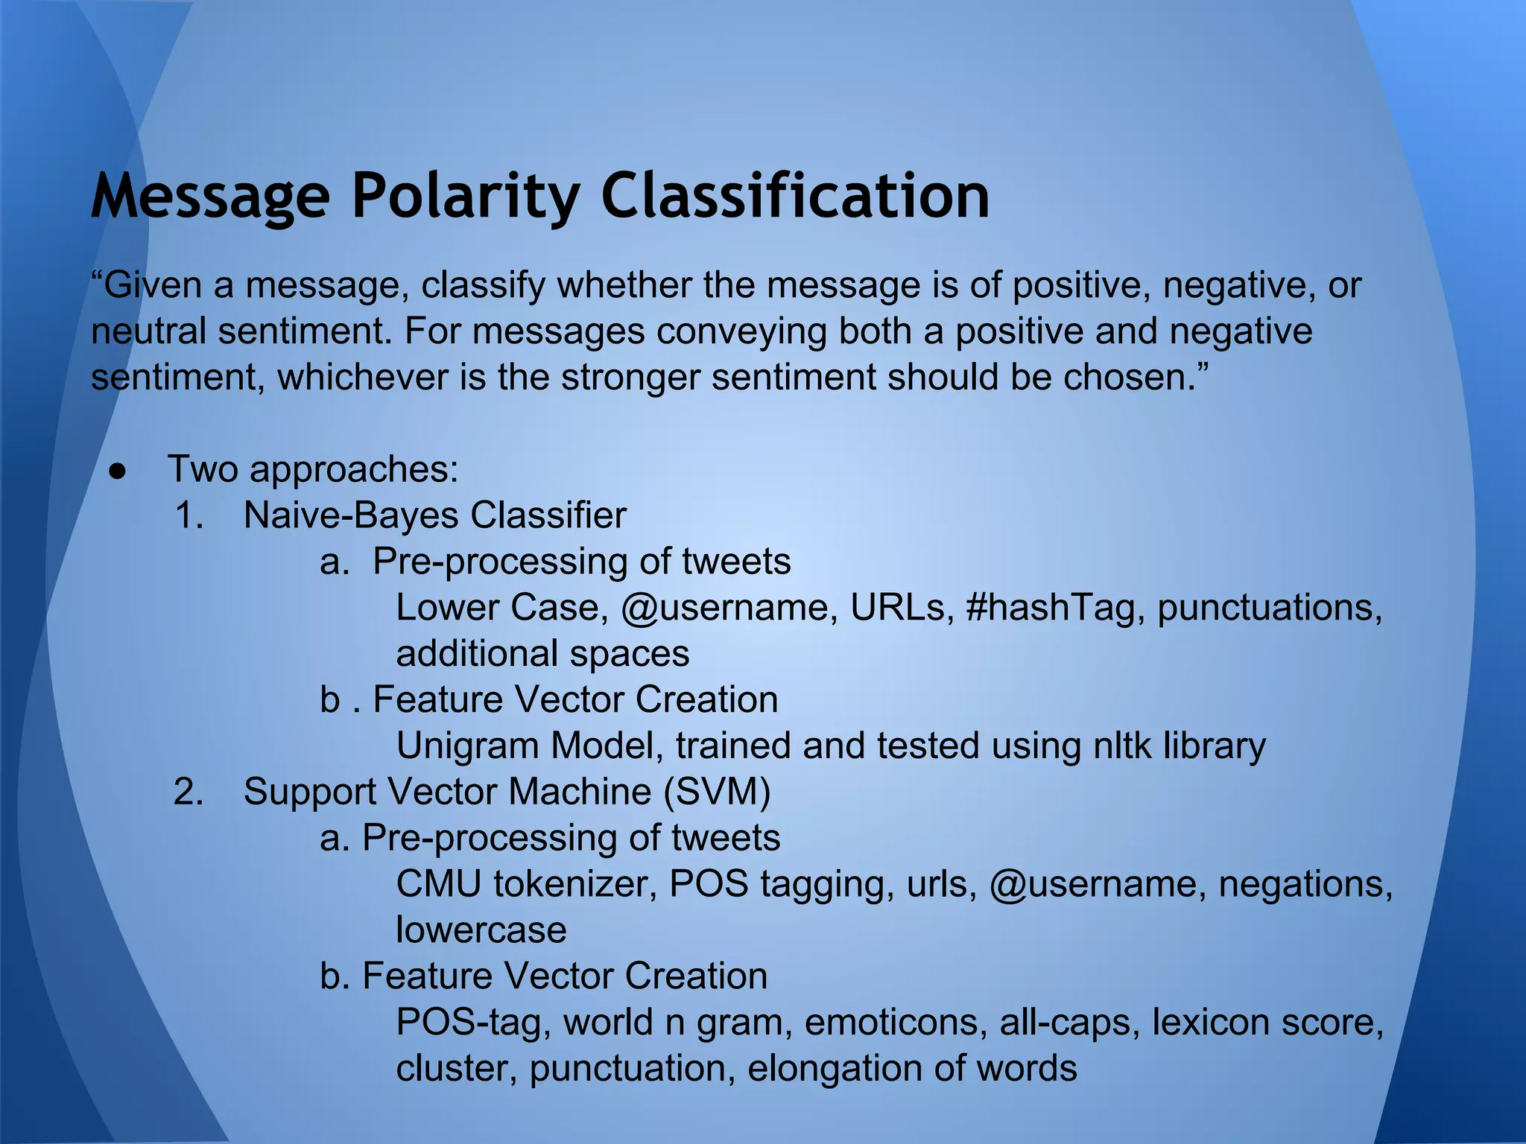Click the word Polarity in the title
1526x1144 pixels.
tap(465, 196)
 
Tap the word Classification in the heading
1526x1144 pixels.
tap(795, 196)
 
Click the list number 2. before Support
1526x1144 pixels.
tap(189, 792)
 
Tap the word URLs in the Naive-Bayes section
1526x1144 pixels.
tap(902, 608)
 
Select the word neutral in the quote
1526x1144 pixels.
tap(148, 331)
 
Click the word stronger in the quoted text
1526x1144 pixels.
tap(630, 378)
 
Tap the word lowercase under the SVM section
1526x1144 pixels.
tap(481, 930)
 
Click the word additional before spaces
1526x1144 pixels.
tap(477, 654)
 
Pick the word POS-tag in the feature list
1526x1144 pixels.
tap(473, 1022)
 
